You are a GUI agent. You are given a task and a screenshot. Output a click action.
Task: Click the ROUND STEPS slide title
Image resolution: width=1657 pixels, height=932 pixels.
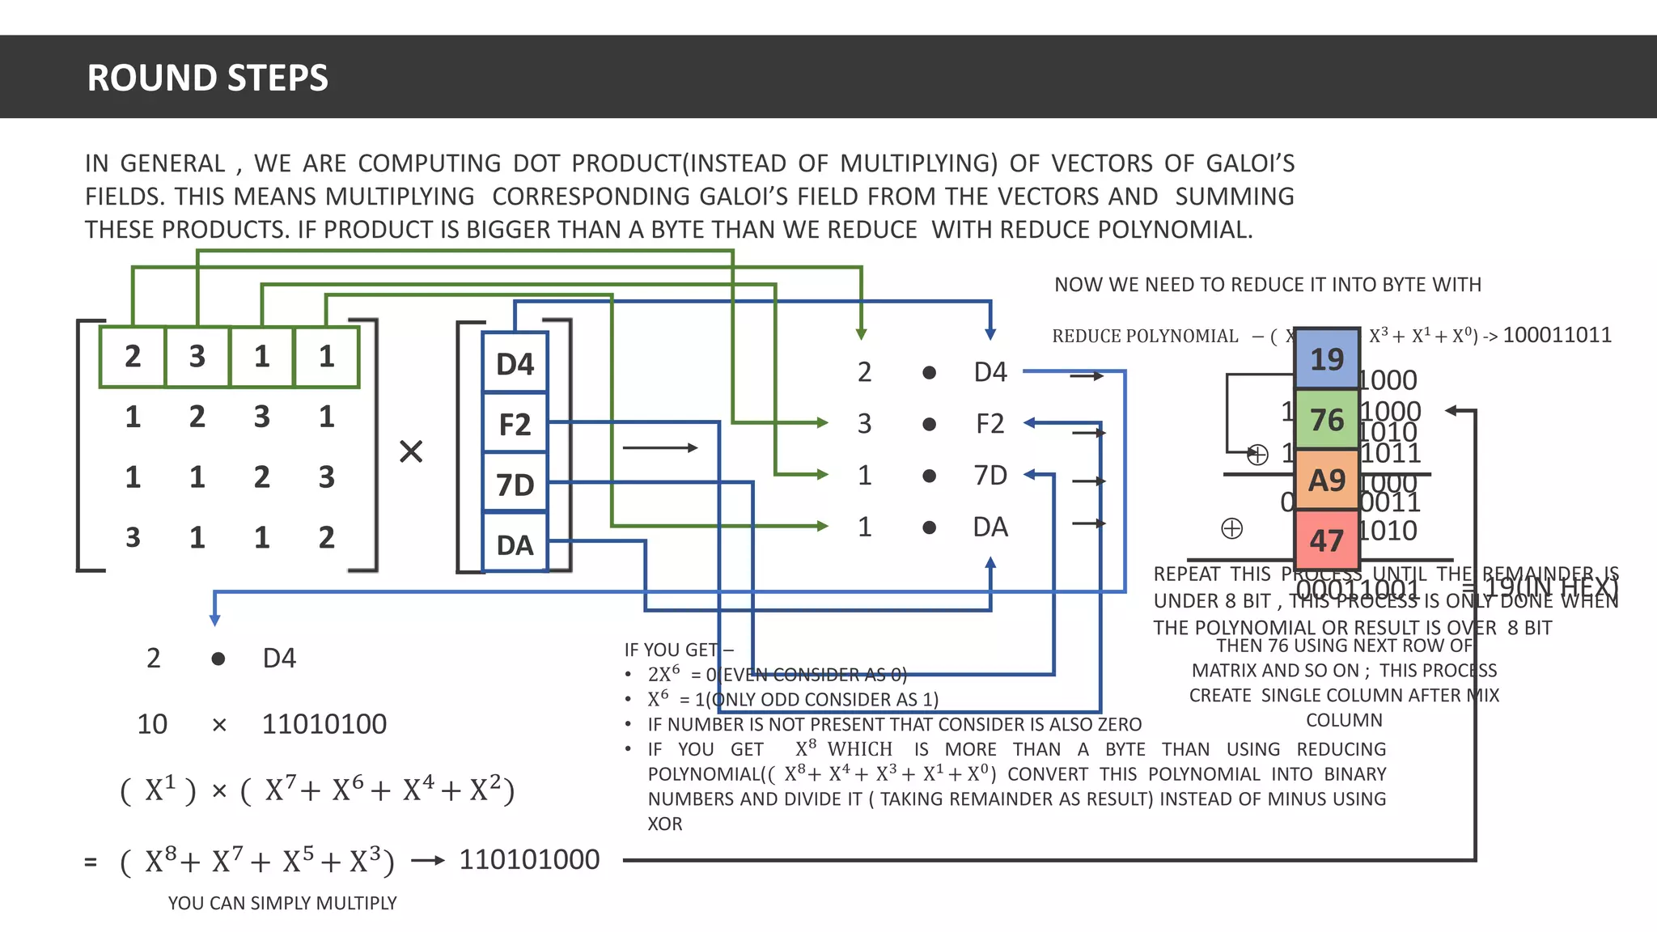tap(207, 78)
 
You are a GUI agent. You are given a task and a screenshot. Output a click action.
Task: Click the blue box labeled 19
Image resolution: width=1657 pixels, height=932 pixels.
tap(1326, 358)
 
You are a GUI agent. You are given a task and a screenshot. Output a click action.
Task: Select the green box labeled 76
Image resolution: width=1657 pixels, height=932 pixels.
tap(1326, 419)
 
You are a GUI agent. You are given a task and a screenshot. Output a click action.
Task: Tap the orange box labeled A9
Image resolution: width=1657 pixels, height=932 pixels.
tap(1326, 480)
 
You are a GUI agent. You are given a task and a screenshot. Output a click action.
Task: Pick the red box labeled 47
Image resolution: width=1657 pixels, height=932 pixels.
tap(1326, 540)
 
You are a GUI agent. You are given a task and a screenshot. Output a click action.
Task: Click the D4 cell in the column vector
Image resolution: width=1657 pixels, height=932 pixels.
tap(515, 363)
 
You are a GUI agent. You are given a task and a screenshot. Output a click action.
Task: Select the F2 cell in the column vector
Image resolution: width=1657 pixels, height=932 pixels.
tap(515, 424)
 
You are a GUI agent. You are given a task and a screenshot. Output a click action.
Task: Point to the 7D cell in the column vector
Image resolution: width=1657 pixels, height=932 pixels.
tap(515, 485)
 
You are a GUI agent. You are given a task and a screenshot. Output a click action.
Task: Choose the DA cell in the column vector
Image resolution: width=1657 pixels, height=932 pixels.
tap(515, 544)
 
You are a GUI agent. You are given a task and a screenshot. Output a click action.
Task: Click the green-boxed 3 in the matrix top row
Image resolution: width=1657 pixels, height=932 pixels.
tap(197, 357)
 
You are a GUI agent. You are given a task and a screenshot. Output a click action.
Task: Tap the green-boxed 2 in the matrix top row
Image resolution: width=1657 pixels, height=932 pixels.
tap(133, 357)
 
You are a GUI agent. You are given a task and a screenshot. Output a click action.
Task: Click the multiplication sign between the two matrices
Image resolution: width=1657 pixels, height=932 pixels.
tap(411, 451)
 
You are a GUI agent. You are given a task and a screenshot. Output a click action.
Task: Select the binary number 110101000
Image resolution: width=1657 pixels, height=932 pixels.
tap(529, 859)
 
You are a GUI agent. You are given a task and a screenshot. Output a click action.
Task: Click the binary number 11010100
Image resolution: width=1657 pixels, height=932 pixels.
tap(324, 723)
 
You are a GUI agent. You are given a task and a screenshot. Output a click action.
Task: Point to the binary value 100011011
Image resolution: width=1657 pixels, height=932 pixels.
tap(1557, 335)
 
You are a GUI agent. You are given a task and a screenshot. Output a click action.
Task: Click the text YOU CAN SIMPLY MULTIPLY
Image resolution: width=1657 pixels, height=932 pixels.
tap(282, 903)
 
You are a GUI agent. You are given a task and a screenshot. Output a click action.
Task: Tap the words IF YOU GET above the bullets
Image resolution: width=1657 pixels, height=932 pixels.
tap(672, 650)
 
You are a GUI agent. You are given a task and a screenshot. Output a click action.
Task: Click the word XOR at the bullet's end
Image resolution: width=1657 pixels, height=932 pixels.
tap(665, 824)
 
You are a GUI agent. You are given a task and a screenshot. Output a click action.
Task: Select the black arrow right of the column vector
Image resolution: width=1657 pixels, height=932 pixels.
tap(659, 447)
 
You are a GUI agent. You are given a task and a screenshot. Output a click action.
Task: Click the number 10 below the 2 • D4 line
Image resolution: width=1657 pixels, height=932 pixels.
tap(152, 723)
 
